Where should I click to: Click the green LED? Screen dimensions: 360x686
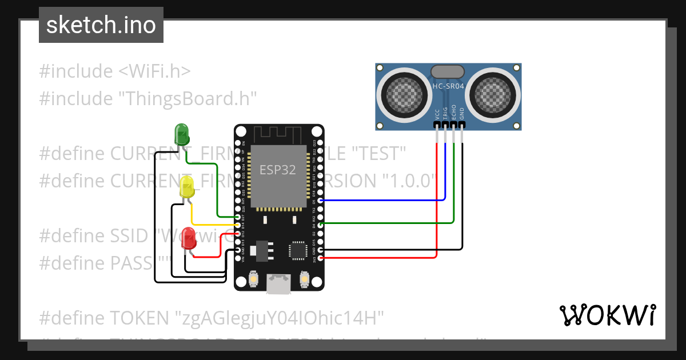[x=181, y=134]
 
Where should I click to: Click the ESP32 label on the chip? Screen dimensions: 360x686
[x=278, y=170]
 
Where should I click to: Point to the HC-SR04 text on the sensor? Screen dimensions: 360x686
[x=448, y=86]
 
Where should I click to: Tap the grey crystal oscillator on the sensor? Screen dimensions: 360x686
[x=448, y=71]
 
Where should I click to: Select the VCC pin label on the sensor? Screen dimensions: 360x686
[x=437, y=113]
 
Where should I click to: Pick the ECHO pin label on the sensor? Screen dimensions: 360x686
[x=454, y=112]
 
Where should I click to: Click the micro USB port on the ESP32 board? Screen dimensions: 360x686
[x=278, y=283]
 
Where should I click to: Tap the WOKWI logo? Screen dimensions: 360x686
[x=607, y=315]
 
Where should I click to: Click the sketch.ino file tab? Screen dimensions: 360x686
[x=101, y=25]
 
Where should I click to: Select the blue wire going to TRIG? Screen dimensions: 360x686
[x=383, y=201]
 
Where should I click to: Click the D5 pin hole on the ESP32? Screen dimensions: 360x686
[x=320, y=201]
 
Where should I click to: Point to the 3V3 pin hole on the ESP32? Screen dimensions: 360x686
[x=320, y=258]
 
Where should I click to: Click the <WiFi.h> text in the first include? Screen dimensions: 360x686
[x=154, y=71]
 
